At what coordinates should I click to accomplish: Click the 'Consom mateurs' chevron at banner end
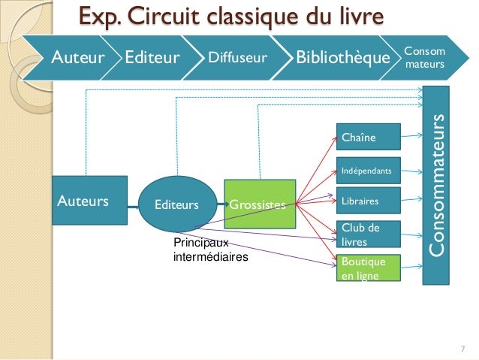click(x=425, y=57)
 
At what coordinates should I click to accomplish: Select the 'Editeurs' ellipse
click(x=177, y=204)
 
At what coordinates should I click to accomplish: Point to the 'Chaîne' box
click(x=368, y=137)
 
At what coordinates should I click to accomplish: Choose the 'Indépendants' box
click(x=368, y=171)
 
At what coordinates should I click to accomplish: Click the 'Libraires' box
click(x=368, y=201)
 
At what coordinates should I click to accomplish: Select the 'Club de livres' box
click(x=368, y=234)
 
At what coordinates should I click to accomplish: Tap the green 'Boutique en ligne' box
click(x=368, y=268)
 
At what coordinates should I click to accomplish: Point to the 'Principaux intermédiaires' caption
click(x=209, y=250)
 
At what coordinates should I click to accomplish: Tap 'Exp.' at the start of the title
click(x=101, y=16)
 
